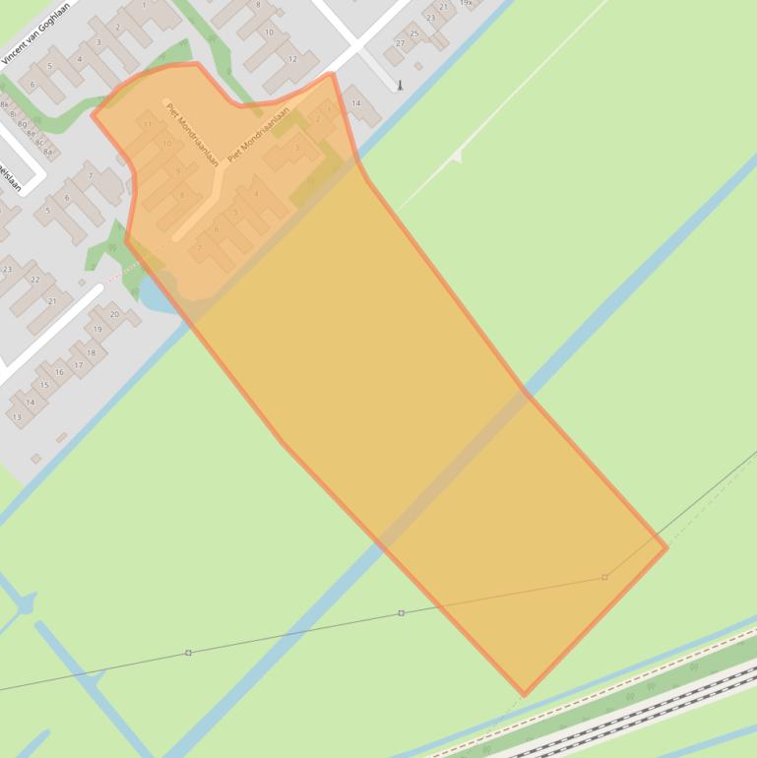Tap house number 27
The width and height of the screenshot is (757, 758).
pyautogui.click(x=400, y=44)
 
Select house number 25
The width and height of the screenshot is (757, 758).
pyautogui.click(x=414, y=33)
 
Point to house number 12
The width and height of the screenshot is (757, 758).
pyautogui.click(x=292, y=59)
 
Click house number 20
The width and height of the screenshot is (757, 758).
pyautogui.click(x=114, y=314)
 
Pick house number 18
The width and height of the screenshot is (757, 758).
pyautogui.click(x=92, y=352)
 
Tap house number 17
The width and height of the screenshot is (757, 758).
pyautogui.click(x=79, y=365)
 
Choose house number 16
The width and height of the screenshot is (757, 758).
pyautogui.click(x=59, y=372)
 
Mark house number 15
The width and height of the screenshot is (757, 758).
pyautogui.click(x=43, y=385)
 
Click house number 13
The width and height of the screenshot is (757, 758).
pyautogui.click(x=17, y=417)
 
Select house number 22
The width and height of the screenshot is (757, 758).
pyautogui.click(x=35, y=280)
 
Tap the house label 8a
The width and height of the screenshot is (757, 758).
pyautogui.click(x=47, y=152)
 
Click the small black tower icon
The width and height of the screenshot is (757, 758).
pyautogui.click(x=400, y=86)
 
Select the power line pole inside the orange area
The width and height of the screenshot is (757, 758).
pyautogui.click(x=604, y=577)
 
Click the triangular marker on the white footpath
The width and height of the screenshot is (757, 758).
pyautogui.click(x=455, y=157)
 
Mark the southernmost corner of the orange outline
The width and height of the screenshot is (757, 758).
pyautogui.click(x=524, y=695)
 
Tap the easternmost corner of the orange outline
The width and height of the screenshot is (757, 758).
pyautogui.click(x=666, y=547)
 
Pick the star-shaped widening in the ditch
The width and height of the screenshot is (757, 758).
pyautogui.click(x=24, y=602)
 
